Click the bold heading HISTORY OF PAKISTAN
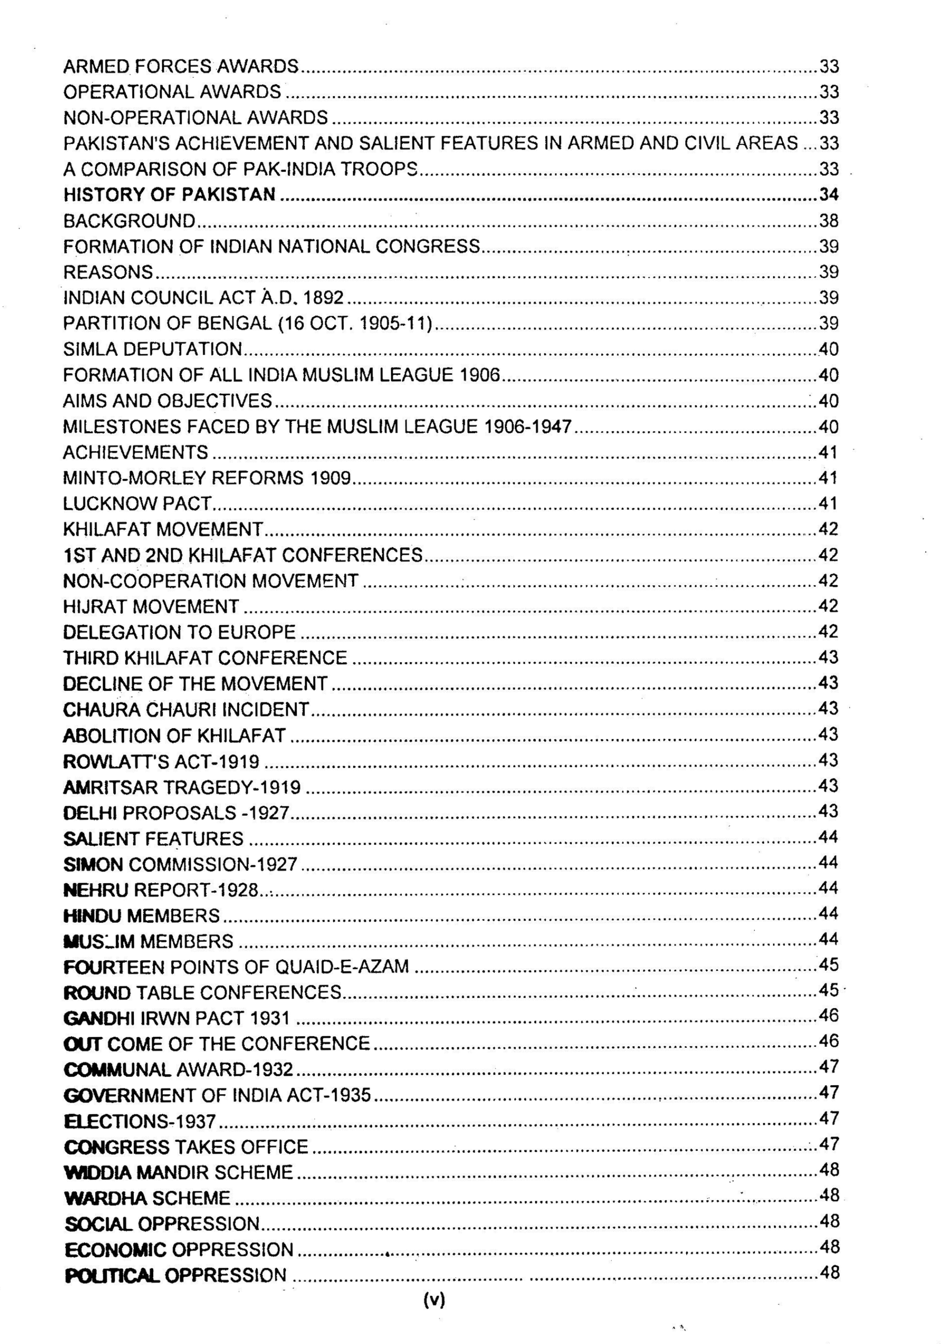pos(169,194)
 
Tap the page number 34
pos(829,194)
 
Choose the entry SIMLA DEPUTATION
pos(152,350)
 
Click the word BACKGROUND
pos(129,220)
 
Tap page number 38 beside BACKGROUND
pos(829,220)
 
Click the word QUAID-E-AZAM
pos(342,967)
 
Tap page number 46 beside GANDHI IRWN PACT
pos(829,1015)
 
